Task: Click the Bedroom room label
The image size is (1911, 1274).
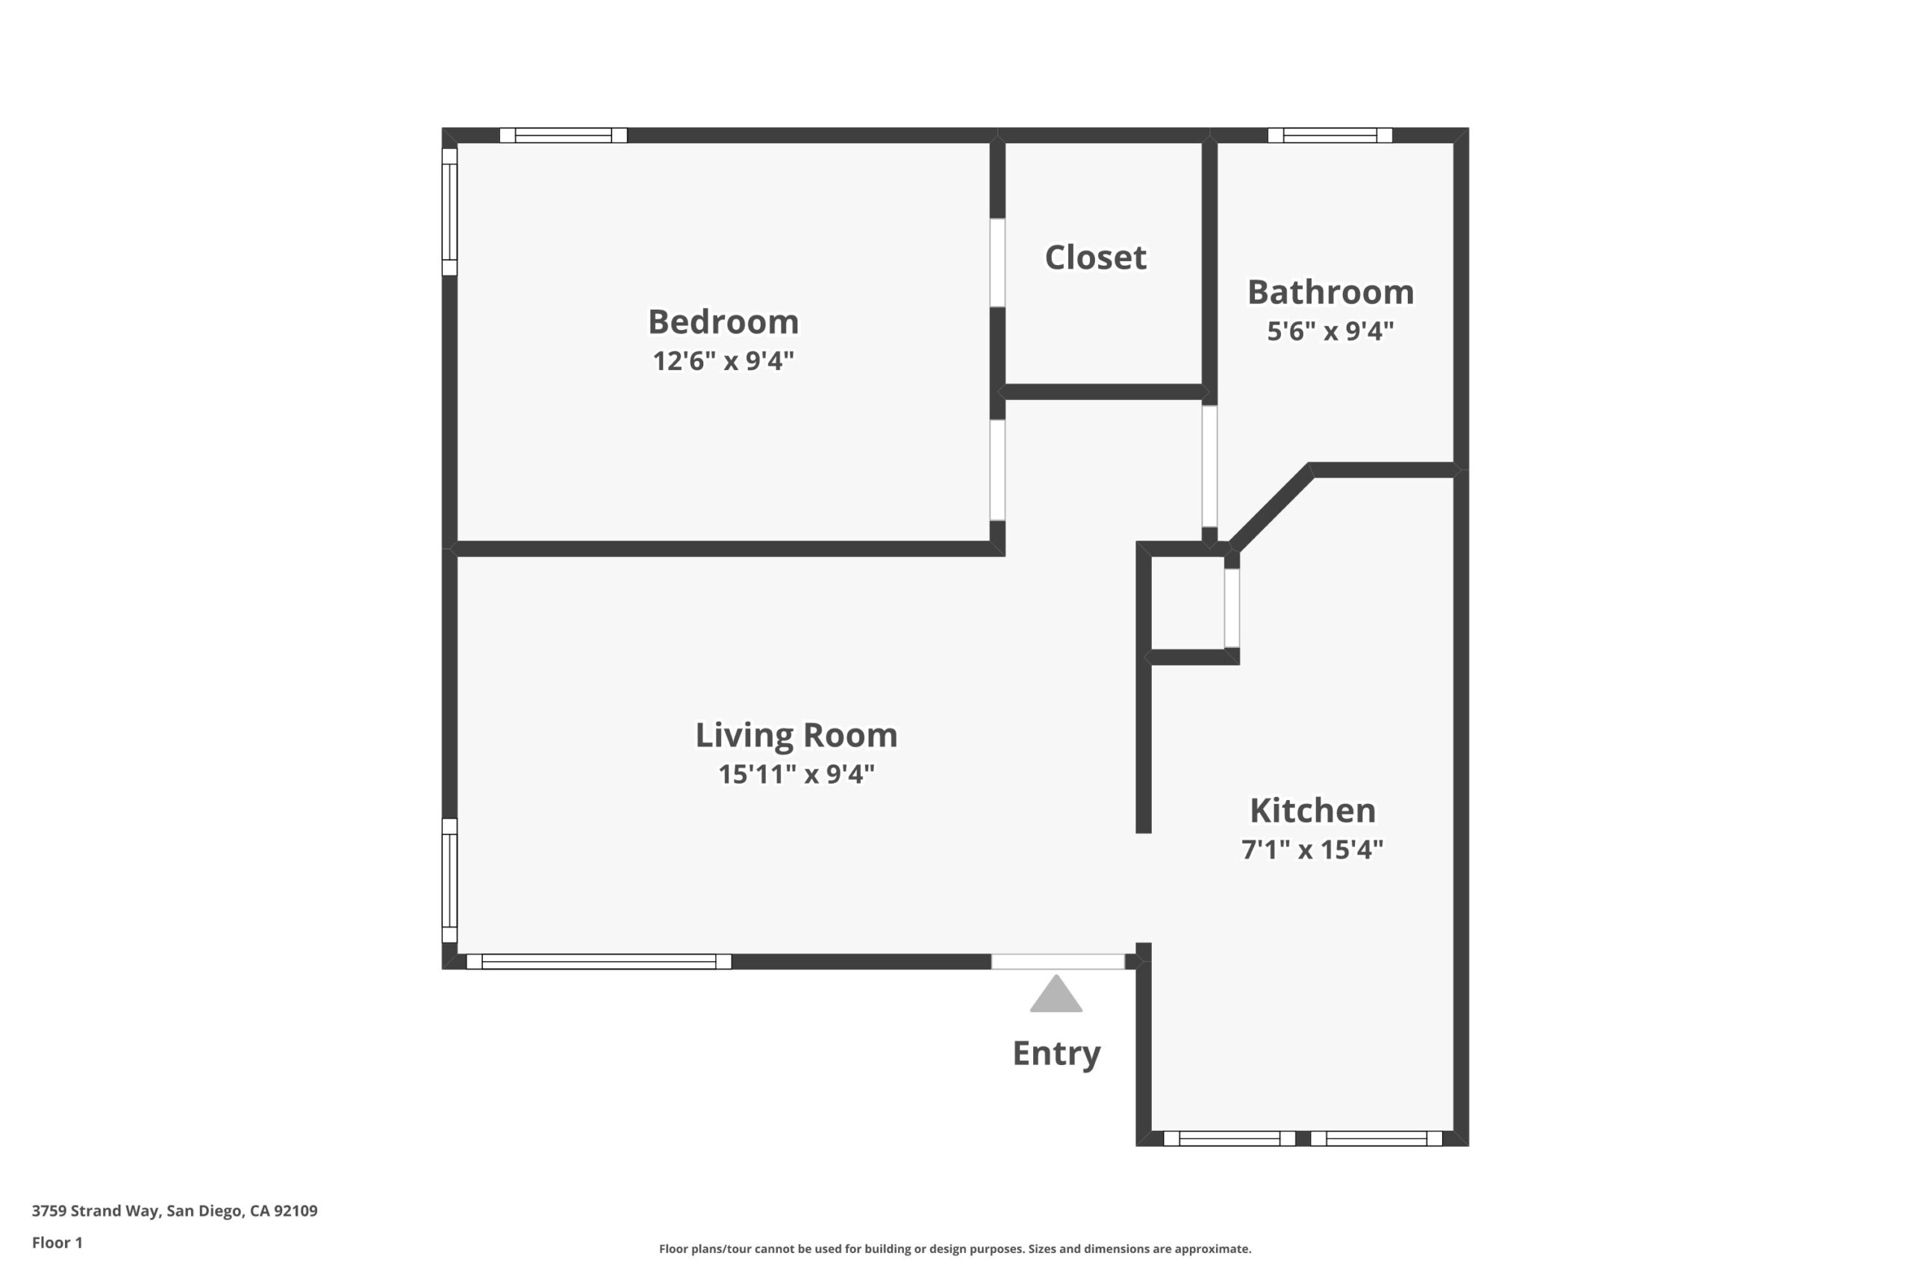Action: point(723,322)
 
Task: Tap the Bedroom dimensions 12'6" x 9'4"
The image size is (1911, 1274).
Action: point(723,360)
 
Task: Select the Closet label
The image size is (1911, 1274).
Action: point(1095,257)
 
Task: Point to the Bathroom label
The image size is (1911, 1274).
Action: point(1330,293)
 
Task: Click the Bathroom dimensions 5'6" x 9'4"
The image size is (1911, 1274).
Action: point(1330,331)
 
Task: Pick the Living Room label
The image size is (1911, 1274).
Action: point(796,735)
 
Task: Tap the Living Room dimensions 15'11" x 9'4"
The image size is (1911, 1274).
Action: point(796,773)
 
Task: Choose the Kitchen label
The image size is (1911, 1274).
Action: point(1312,811)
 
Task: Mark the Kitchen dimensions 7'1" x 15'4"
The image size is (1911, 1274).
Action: point(1312,850)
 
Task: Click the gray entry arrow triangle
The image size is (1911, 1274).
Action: point(1056,993)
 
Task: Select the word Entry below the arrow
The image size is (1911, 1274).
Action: point(1056,1054)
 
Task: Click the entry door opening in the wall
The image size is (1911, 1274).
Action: point(1058,962)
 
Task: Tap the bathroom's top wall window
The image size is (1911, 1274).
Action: point(1330,136)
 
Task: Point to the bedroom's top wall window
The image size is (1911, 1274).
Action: point(563,136)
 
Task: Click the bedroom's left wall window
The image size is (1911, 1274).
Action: point(449,212)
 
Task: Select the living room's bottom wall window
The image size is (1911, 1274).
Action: point(599,962)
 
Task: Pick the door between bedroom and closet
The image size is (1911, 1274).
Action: point(997,263)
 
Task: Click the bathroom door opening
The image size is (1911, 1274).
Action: point(1209,466)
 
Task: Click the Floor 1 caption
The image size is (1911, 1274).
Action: point(57,1243)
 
